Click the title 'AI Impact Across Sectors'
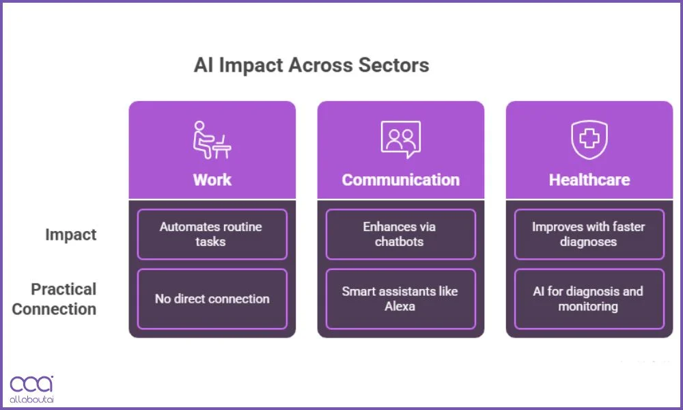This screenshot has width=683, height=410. tap(311, 66)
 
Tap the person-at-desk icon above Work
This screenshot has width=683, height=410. tap(212, 140)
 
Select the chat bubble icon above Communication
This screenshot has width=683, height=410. tap(400, 139)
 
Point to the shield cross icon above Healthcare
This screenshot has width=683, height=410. tap(589, 139)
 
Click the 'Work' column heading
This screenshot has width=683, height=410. tap(212, 180)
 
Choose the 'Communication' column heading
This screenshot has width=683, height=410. tap(400, 180)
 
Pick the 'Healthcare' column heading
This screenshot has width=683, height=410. tap(589, 180)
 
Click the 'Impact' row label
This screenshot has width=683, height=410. tap(71, 234)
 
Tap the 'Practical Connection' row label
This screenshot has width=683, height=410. tap(55, 299)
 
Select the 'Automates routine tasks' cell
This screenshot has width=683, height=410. tap(212, 234)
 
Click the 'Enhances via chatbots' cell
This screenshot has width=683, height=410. tap(400, 234)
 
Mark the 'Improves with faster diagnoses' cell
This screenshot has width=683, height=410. tap(589, 234)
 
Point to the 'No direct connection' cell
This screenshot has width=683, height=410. tap(212, 299)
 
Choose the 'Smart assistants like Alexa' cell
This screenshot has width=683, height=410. tap(400, 299)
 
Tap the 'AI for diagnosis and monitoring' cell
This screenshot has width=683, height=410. tap(589, 299)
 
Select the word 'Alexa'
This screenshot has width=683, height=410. tap(400, 306)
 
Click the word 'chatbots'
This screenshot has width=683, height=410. tap(400, 242)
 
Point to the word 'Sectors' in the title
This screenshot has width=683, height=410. tap(397, 66)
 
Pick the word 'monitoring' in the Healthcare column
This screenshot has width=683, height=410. tap(588, 306)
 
